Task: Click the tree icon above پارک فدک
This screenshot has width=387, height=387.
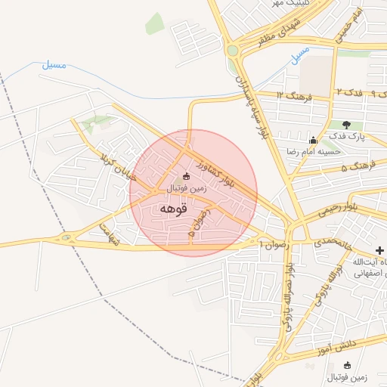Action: coord(347,125)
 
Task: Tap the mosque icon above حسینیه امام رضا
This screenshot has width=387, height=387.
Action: coord(313,140)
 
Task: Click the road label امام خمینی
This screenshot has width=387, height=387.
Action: coord(357,24)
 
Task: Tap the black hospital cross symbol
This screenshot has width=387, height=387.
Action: coord(379,251)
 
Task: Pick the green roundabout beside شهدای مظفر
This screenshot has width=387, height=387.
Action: coord(232,51)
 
